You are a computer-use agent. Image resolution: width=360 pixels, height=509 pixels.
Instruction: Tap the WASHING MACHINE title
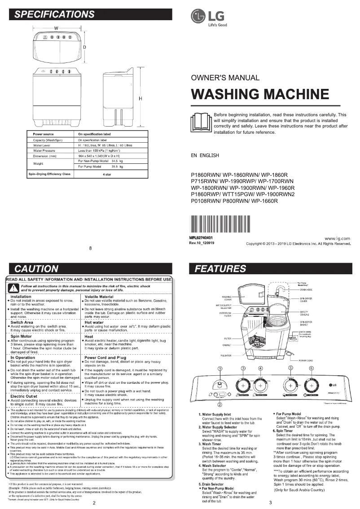(260, 94)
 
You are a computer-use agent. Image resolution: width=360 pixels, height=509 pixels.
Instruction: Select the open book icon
(201, 123)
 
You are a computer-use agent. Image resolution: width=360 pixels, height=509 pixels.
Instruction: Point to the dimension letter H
(140, 99)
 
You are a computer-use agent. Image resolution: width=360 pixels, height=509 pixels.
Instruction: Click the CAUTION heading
(37, 269)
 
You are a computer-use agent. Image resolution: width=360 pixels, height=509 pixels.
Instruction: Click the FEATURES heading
(221, 269)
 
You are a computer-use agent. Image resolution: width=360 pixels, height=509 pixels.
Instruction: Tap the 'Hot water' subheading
(94, 322)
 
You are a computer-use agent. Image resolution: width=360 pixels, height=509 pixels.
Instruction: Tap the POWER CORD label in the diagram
(305, 360)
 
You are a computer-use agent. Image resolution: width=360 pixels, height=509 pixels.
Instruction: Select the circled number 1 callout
(220, 369)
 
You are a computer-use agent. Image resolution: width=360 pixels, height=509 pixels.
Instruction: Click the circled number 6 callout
(311, 369)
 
